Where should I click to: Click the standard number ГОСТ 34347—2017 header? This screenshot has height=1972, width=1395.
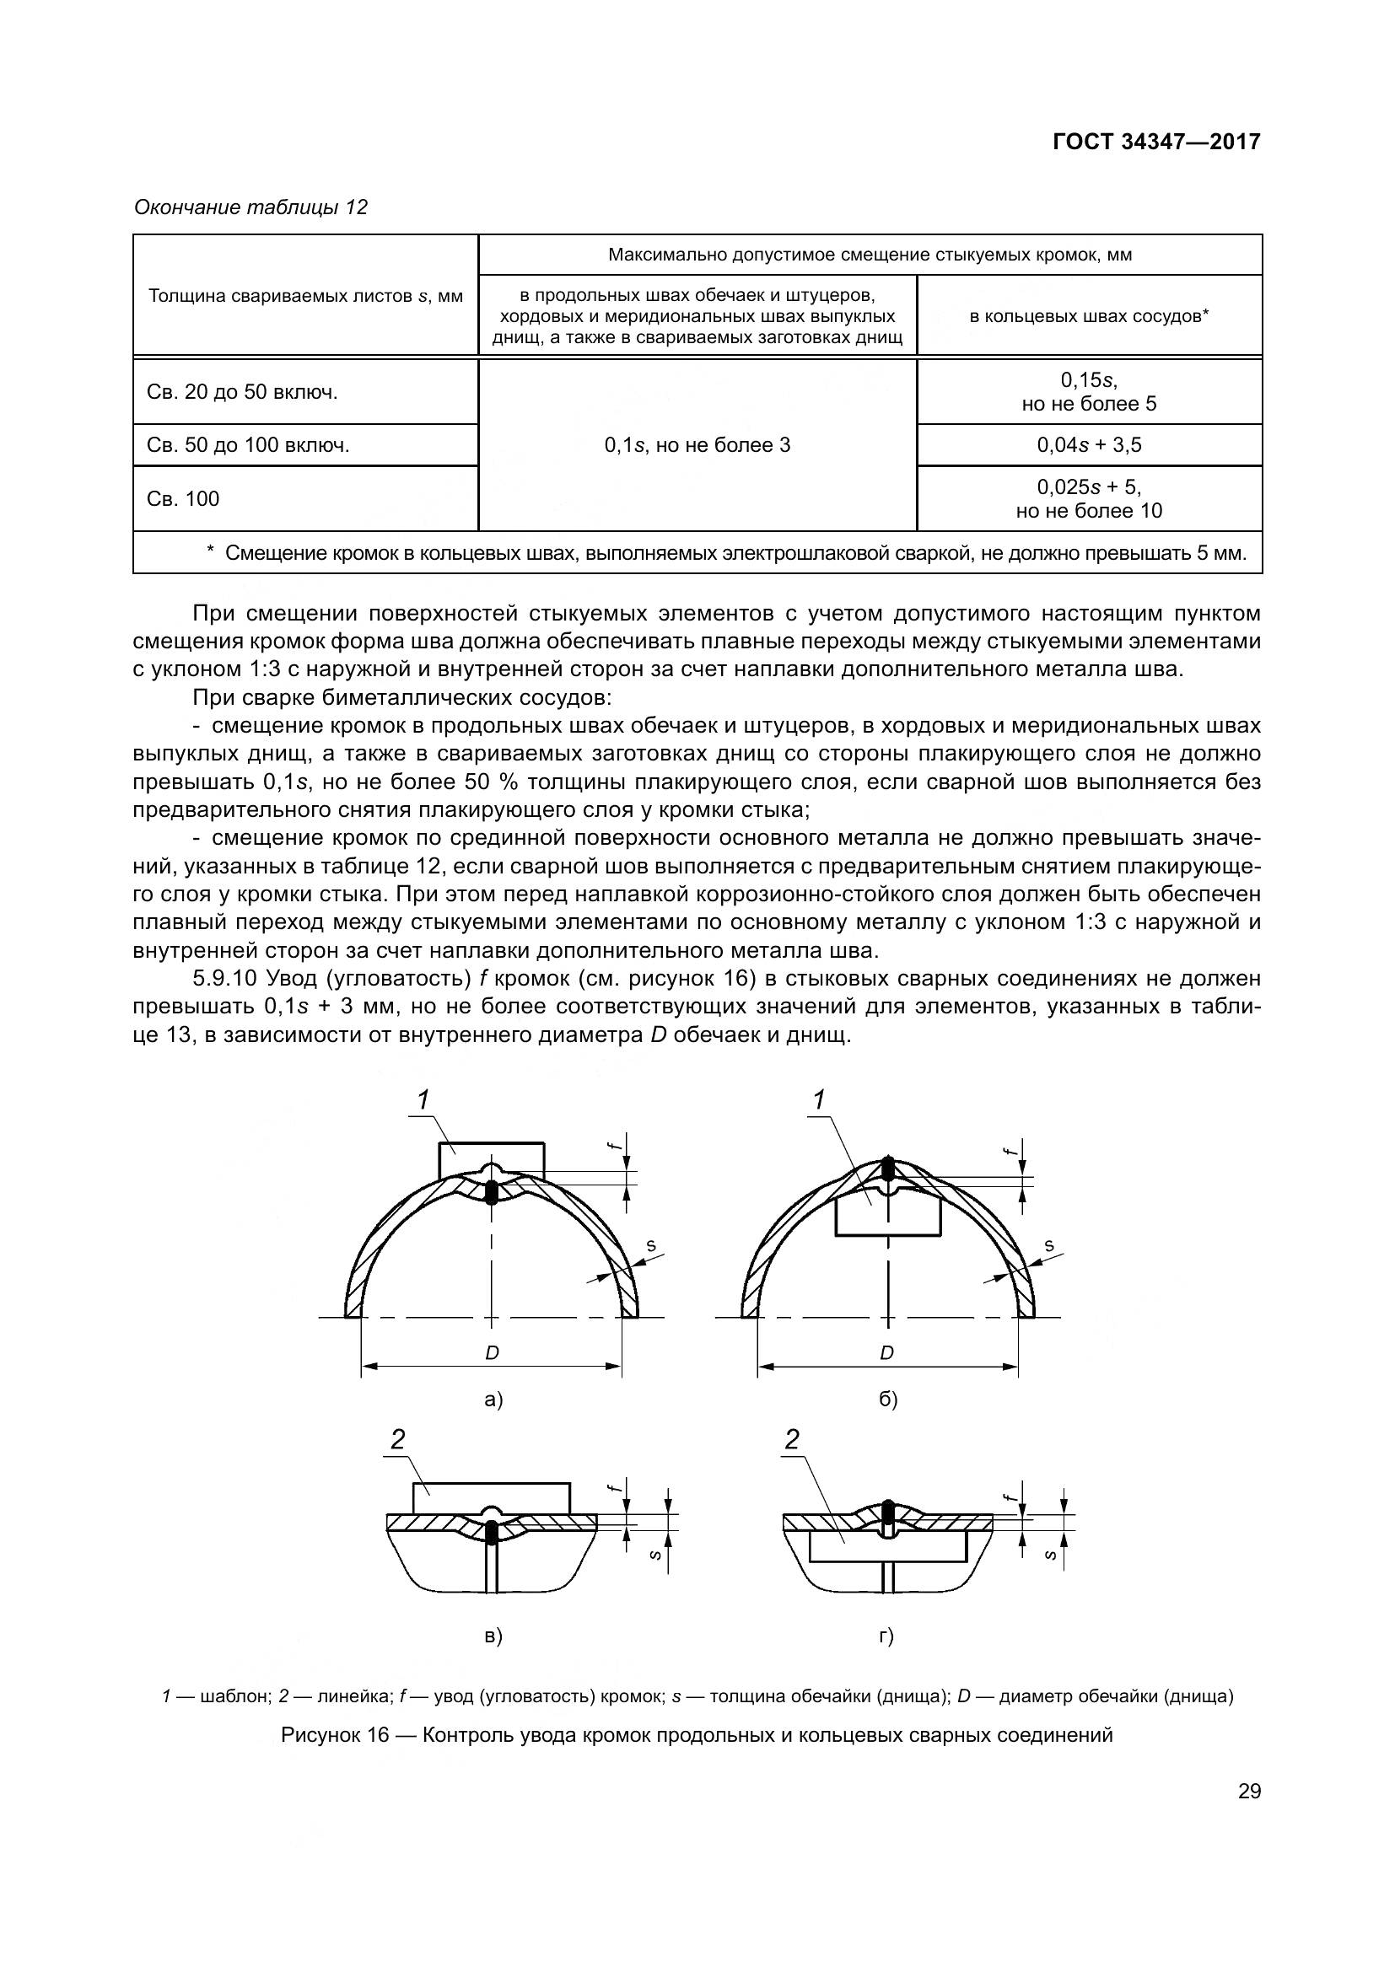pos(1156,142)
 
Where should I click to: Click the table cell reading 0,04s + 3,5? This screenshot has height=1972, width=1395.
pos(1088,445)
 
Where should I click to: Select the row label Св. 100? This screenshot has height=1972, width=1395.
pos(183,499)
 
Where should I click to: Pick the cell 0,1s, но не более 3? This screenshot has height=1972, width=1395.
pos(697,445)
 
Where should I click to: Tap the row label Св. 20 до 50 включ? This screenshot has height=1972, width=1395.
pos(242,393)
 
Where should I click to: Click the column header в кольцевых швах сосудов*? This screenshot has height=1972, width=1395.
pos(1088,316)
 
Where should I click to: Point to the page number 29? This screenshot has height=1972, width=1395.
pos(1249,1791)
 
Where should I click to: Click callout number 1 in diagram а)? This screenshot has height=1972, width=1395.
pos(423,1099)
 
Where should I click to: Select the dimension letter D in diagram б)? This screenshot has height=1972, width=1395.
pos(887,1352)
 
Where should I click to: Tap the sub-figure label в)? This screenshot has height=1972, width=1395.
pos(493,1636)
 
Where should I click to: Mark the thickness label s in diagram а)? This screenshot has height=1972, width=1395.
pos(650,1245)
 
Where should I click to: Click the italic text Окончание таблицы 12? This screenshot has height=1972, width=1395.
pos(250,207)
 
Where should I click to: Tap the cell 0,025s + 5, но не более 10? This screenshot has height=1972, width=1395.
pos(1088,499)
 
